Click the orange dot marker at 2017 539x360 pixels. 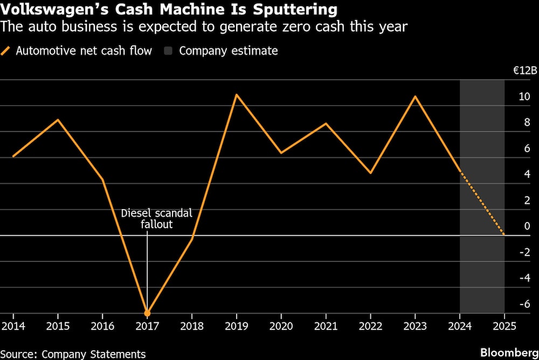(147, 313)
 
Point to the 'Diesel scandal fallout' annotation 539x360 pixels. (156, 218)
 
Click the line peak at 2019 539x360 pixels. (237, 95)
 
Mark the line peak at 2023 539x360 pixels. (415, 96)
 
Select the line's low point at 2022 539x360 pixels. (370, 173)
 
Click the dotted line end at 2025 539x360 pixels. (504, 235)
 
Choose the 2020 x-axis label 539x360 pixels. (281, 327)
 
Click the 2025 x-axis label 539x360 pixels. (504, 327)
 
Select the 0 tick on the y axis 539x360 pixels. (527, 226)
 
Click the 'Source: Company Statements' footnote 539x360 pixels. (73, 354)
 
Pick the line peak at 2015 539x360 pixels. (58, 120)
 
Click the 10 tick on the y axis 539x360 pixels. (524, 97)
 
